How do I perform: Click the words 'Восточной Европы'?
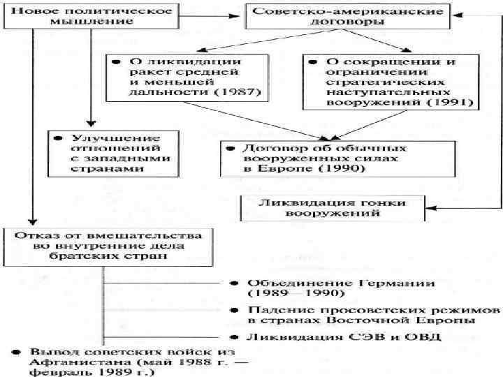tap(431, 320)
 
